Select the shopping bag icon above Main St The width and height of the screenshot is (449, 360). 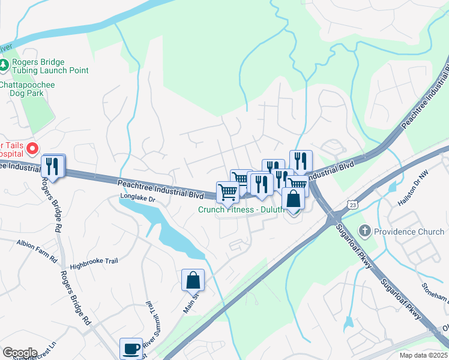pyautogui.click(x=193, y=280)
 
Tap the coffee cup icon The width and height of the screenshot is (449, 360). pyautogui.click(x=131, y=348)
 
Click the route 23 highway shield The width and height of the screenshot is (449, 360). pyautogui.click(x=353, y=205)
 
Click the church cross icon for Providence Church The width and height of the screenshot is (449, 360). pyautogui.click(x=364, y=232)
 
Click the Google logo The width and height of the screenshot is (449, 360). pyautogui.click(x=20, y=352)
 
